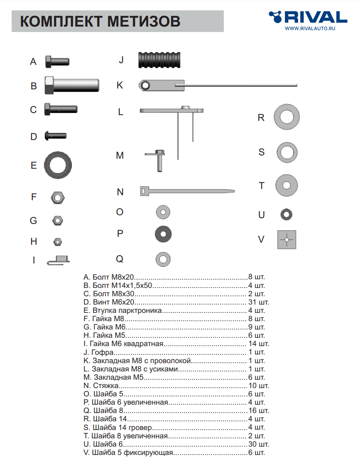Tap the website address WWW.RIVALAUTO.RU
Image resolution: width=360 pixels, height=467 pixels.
(x=310, y=29)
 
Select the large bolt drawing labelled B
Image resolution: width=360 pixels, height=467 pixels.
(x=72, y=85)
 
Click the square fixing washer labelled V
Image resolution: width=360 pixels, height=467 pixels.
(x=287, y=239)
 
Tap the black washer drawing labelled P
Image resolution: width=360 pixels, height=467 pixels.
(x=163, y=234)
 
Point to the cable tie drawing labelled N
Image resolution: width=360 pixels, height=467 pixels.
(x=187, y=191)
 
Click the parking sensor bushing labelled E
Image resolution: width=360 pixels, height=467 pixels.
(x=58, y=165)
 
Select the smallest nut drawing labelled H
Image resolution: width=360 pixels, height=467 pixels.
(x=58, y=241)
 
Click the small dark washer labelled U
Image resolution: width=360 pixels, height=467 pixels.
(x=287, y=215)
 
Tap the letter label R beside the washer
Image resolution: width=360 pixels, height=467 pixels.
(x=261, y=118)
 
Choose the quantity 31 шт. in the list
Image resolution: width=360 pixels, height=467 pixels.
(x=258, y=302)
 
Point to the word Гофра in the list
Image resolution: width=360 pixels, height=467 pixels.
(x=102, y=352)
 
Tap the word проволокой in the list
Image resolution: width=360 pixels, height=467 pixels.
(x=172, y=361)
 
